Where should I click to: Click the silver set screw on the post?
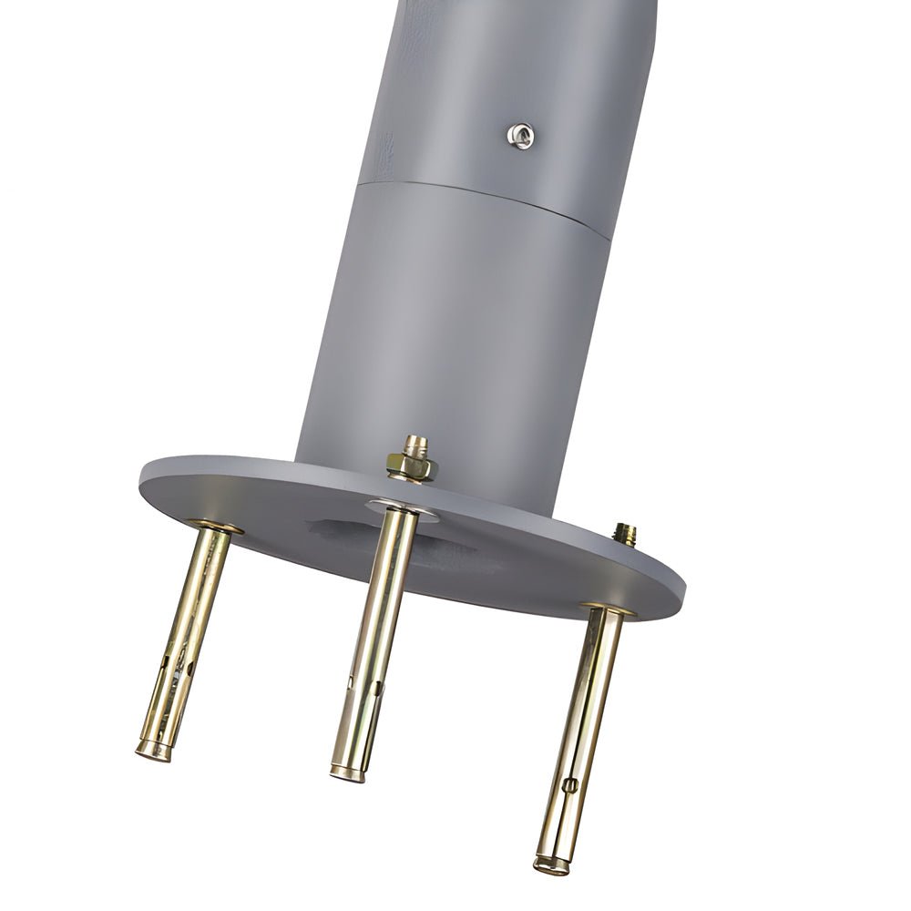click(x=520, y=136)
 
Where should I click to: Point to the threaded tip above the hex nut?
click(x=415, y=445)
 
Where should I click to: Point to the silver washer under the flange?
click(x=402, y=508)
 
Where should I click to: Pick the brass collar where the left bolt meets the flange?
click(x=216, y=527)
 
